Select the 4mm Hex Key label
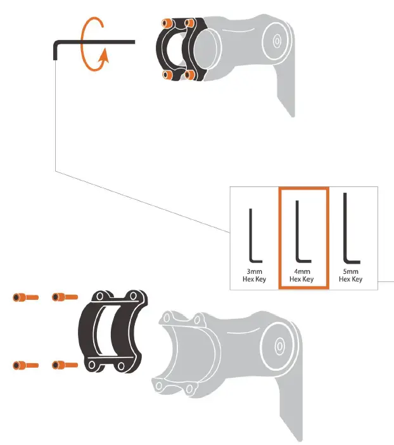pyautogui.click(x=302, y=275)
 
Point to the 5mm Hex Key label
pyautogui.click(x=352, y=275)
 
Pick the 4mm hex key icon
pyautogui.click(x=302, y=235)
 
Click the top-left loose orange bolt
pyautogui.click(x=25, y=297)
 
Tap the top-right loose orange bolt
pyautogui.click(x=65, y=296)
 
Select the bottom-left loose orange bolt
pyautogui.click(x=25, y=365)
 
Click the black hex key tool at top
pyautogui.click(x=95, y=42)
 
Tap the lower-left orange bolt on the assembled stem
pyautogui.click(x=167, y=75)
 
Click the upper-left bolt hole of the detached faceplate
pyautogui.click(x=99, y=298)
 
